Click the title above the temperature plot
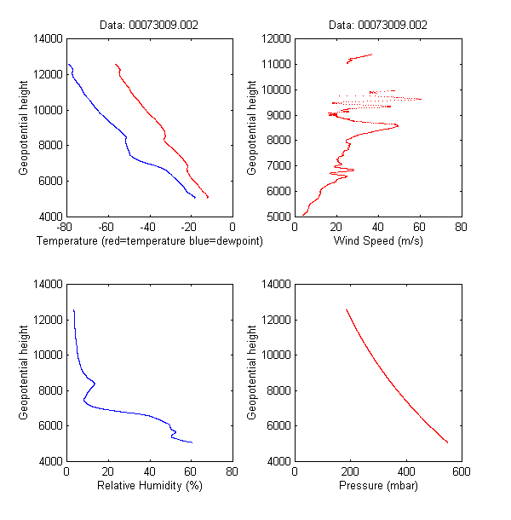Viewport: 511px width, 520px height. [x=147, y=26]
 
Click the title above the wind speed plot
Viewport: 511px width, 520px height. [x=377, y=26]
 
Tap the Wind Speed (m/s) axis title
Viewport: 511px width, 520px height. [x=377, y=241]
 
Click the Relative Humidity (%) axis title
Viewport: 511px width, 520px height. [x=149, y=485]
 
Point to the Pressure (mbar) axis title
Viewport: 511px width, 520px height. [x=377, y=485]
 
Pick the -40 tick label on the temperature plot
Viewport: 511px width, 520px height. [x=148, y=228]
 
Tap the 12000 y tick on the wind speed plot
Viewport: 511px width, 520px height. [x=277, y=38]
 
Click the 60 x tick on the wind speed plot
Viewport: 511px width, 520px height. [x=419, y=228]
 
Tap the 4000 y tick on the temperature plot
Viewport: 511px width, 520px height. [x=49, y=217]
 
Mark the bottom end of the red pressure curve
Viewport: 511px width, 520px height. [x=448, y=443]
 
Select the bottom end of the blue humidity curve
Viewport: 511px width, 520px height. [x=192, y=443]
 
